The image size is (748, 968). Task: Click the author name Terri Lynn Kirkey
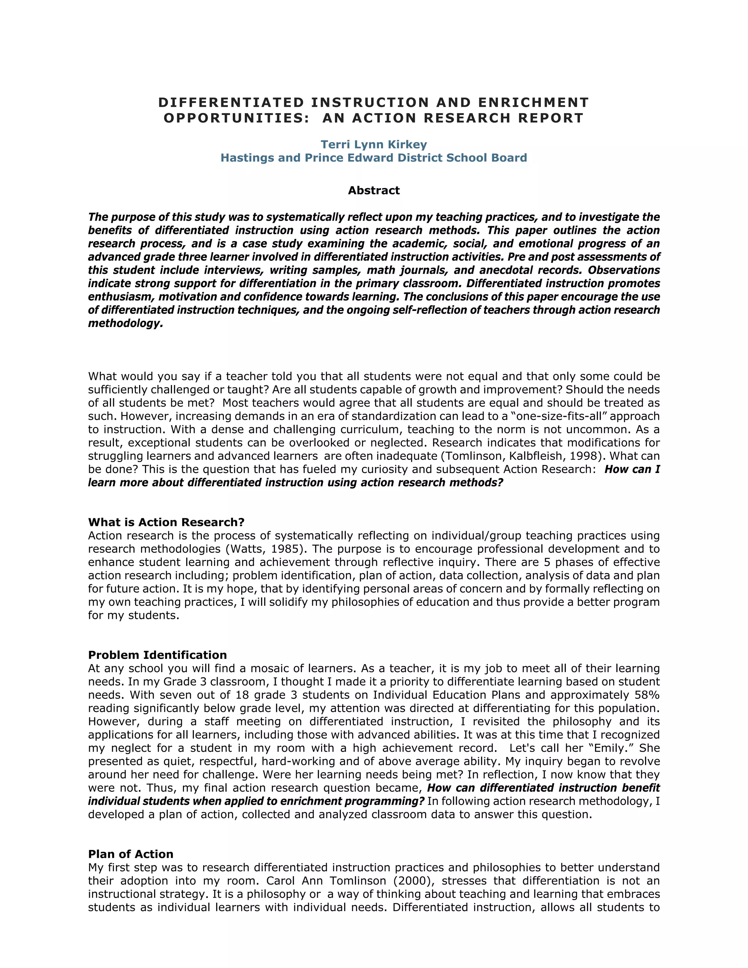374,145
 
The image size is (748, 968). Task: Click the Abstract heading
374,191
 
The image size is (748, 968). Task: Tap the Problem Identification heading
157,655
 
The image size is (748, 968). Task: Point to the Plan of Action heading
131,854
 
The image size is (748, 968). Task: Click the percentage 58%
646,695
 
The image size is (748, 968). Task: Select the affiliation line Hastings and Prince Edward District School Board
374,158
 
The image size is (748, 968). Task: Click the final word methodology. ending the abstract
125,324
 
